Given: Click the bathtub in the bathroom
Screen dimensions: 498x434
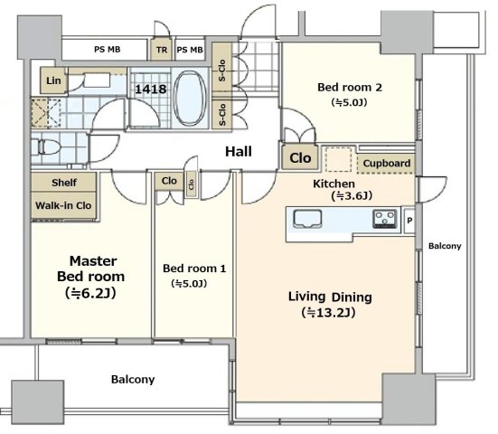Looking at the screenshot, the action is (190, 98).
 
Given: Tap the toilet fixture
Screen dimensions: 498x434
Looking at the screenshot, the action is (46, 147).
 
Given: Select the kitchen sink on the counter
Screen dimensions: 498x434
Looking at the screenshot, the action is (307, 219).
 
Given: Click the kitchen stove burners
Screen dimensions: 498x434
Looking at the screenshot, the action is (385, 219).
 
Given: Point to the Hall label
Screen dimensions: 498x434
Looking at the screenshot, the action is (239, 152).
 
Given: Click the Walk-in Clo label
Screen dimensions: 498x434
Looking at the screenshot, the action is (63, 205).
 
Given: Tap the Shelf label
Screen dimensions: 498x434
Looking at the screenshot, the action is (64, 183).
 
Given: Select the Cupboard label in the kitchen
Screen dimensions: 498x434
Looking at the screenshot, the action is (387, 164).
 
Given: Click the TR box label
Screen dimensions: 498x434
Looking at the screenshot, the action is (162, 50).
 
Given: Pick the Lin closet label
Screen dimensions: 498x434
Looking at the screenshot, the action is (53, 80).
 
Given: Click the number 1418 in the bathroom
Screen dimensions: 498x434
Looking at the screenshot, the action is (151, 89).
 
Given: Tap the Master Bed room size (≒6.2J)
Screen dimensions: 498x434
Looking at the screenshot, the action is (91, 293).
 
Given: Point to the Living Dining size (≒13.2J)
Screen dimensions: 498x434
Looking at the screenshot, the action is (328, 313).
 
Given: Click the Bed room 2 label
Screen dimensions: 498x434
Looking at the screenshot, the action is (350, 87).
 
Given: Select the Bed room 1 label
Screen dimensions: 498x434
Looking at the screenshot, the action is (194, 269).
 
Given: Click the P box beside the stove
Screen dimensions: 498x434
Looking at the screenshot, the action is (409, 221).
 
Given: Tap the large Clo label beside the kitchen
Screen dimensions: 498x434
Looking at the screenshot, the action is (300, 158).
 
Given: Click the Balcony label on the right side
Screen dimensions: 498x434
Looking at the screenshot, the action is (445, 246).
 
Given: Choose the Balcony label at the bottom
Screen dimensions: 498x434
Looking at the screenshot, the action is (133, 380).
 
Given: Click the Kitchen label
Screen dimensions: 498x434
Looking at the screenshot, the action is (334, 184).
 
